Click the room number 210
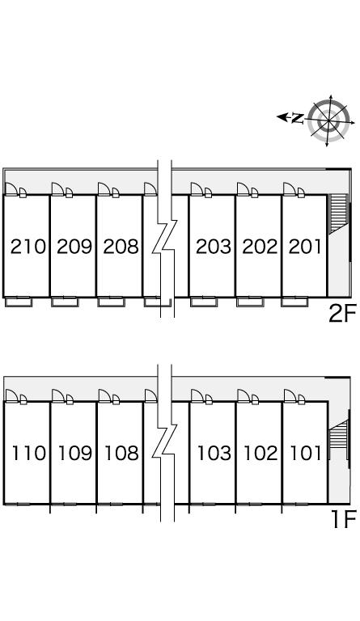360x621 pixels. pos(28,247)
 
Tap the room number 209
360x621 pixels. pos(74,247)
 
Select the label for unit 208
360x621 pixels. pos(121,247)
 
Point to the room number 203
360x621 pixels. pos(214,247)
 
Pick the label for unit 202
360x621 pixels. pos(260,247)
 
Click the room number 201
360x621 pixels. pos(305,247)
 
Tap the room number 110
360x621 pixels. pos(28,453)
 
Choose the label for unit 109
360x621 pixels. pos(75,453)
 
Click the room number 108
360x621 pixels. pos(121,453)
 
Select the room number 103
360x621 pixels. pos(214,453)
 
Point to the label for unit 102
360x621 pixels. pos(260,453)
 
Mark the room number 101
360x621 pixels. pos(306,453)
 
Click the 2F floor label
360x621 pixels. pos(342,313)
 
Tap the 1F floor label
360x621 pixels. pos(343,519)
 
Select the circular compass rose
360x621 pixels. pos(328,120)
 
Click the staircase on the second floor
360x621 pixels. pos(338,213)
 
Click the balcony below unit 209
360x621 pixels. pos(65,302)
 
